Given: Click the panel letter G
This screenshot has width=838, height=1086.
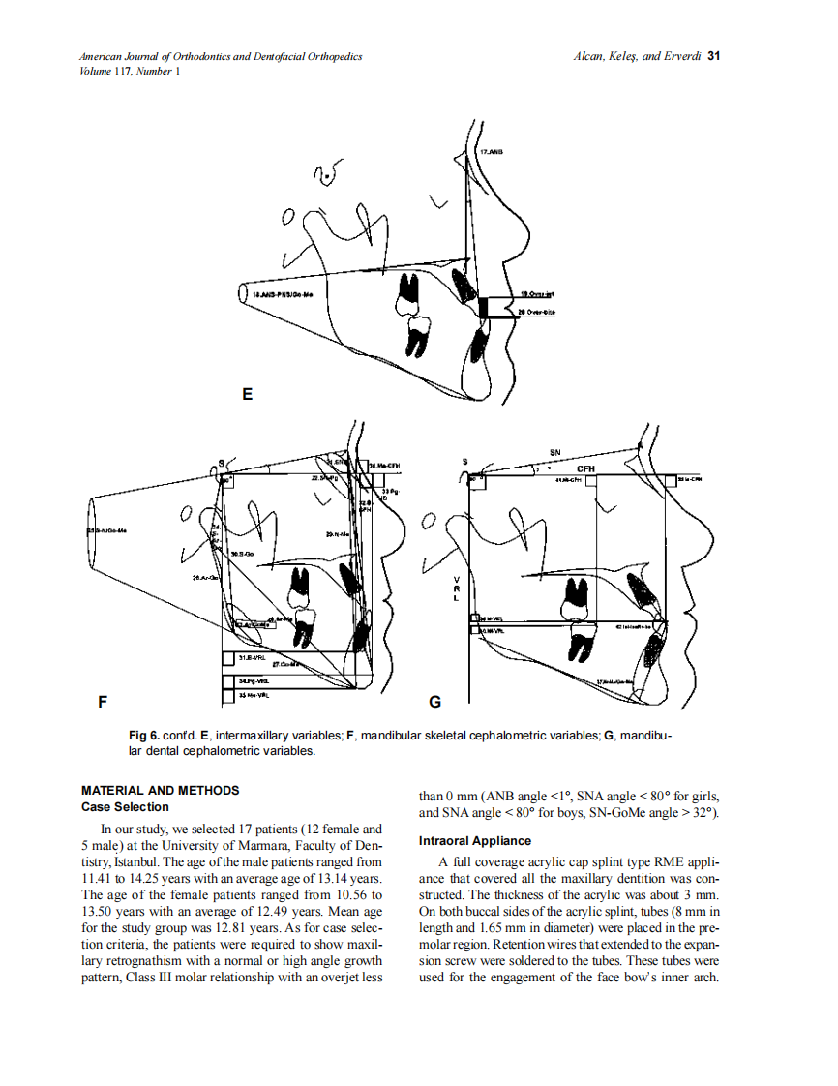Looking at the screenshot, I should pyautogui.click(x=435, y=702).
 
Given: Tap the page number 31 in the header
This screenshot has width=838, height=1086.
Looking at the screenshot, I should pyautogui.click(x=714, y=56).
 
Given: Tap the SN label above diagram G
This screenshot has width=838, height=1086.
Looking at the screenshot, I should pyautogui.click(x=554, y=452).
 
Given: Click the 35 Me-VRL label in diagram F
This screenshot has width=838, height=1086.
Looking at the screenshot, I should pyautogui.click(x=254, y=694).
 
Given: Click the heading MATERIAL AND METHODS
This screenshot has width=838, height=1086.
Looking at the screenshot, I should pyautogui.click(x=160, y=791).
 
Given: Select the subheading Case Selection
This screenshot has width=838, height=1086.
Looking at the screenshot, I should pyautogui.click(x=125, y=806).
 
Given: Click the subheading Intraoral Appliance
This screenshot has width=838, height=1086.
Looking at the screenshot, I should pyautogui.click(x=473, y=841).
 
